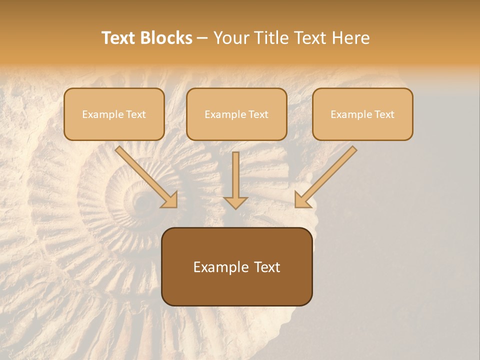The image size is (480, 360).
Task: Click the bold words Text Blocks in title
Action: click(147, 38)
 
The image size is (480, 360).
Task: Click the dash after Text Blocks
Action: click(202, 38)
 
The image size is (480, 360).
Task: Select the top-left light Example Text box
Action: click(114, 114)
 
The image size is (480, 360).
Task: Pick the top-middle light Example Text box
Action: click(236, 114)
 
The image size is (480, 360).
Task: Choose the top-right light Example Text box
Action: click(362, 114)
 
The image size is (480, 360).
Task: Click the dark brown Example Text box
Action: click(236, 266)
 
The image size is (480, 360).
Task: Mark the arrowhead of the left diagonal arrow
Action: click(170, 200)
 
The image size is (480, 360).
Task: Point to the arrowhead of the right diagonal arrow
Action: click(302, 200)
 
